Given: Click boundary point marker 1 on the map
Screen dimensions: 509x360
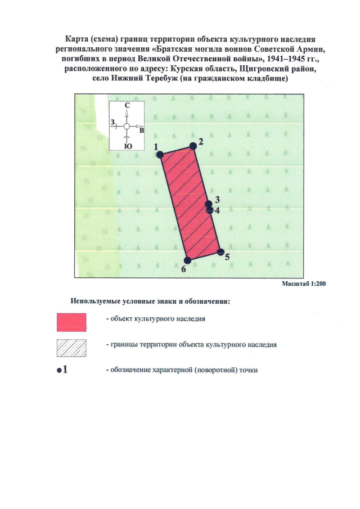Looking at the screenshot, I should (x=160, y=154).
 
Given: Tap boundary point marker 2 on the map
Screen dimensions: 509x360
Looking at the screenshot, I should (x=193, y=146).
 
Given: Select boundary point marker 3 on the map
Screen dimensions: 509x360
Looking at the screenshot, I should (x=209, y=204).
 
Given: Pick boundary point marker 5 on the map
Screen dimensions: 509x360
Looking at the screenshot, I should (x=220, y=252).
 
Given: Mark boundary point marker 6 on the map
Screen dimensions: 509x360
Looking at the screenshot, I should (x=188, y=260).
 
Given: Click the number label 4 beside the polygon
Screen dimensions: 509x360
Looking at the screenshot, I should (x=217, y=210).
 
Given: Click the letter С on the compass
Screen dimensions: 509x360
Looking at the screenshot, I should (x=128, y=105).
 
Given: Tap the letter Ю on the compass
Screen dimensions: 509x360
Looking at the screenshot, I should (x=128, y=146).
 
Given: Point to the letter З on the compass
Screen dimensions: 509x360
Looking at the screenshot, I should (x=113, y=122).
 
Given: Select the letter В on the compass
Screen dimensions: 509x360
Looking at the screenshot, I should (x=142, y=130).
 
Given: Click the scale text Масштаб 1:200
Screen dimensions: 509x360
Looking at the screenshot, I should (x=304, y=284).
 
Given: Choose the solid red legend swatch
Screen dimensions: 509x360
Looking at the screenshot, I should (x=71, y=321).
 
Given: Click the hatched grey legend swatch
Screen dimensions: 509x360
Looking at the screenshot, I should (x=71, y=348).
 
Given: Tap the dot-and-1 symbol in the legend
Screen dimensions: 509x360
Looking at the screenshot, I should (x=62, y=370).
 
